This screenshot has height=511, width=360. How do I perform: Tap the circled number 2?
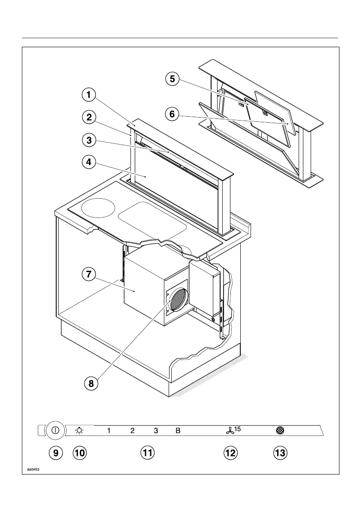(88, 118)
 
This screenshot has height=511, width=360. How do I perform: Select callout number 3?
(88, 140)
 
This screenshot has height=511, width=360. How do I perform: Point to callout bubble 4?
(88, 163)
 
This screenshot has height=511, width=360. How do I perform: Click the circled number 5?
(172, 79)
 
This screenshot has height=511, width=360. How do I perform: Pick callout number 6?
(172, 114)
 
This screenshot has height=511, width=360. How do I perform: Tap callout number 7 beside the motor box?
(88, 275)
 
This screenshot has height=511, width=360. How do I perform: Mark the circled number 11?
(148, 453)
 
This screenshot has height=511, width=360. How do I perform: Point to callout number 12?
(230, 453)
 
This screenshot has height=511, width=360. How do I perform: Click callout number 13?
(281, 453)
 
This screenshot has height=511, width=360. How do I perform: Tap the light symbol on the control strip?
(79, 430)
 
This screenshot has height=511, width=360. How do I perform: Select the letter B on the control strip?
(178, 430)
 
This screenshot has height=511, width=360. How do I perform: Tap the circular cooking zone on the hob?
(98, 209)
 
